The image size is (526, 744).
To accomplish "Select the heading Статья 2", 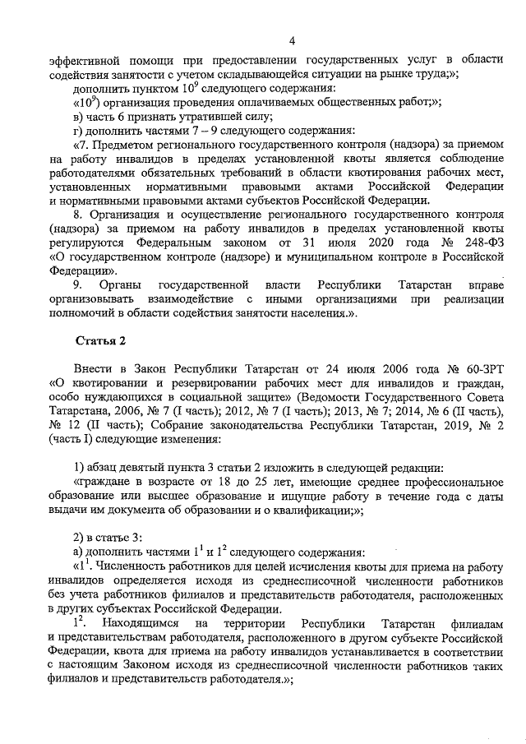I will click(x=101, y=340).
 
